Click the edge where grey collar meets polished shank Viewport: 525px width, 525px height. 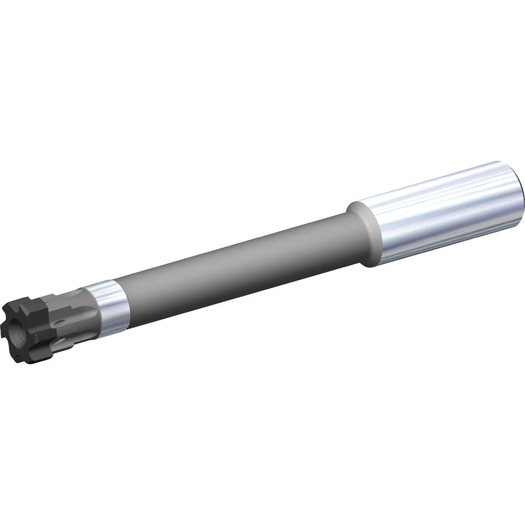click(379, 231)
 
